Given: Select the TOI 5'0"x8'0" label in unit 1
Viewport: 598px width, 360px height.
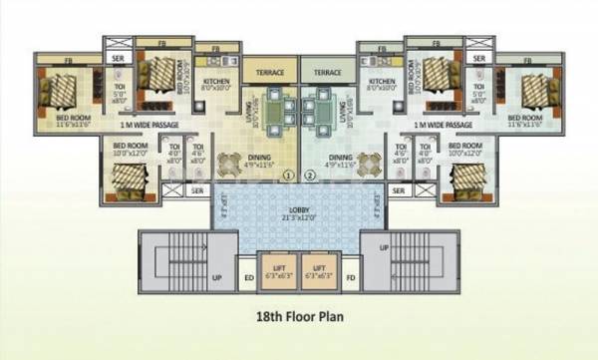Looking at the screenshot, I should pyautogui.click(x=120, y=98).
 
